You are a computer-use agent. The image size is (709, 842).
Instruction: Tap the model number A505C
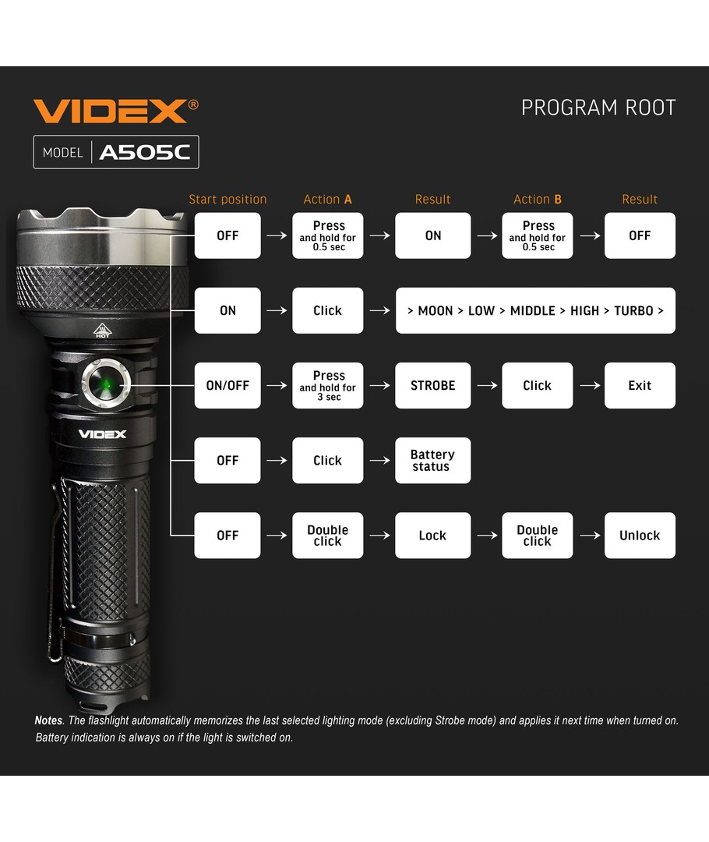(145, 153)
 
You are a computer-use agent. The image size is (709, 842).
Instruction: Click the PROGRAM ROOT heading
(598, 108)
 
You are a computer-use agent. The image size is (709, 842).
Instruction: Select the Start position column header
(228, 200)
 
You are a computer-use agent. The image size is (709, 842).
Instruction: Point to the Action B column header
(538, 200)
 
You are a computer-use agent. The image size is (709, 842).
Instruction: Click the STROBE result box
(432, 386)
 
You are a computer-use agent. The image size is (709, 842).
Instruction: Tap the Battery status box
(432, 460)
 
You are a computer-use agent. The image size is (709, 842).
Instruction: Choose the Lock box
(432, 536)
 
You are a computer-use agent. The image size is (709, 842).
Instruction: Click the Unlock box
(640, 536)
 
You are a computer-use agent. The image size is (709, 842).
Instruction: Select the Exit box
(640, 386)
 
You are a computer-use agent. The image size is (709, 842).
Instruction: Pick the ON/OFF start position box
(228, 386)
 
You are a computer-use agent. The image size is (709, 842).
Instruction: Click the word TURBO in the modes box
(633, 311)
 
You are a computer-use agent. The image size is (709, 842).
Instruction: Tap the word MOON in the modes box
(436, 311)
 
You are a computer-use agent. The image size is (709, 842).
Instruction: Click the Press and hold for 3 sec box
(328, 386)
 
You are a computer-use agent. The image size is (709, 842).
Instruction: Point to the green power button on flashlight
(106, 384)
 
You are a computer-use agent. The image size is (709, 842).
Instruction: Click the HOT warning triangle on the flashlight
(102, 331)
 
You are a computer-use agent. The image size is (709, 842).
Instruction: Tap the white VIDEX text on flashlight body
(103, 434)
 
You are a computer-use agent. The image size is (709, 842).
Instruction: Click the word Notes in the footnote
(48, 720)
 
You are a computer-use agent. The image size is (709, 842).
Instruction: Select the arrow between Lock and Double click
(487, 536)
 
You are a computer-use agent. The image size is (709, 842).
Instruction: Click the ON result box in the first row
(432, 235)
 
